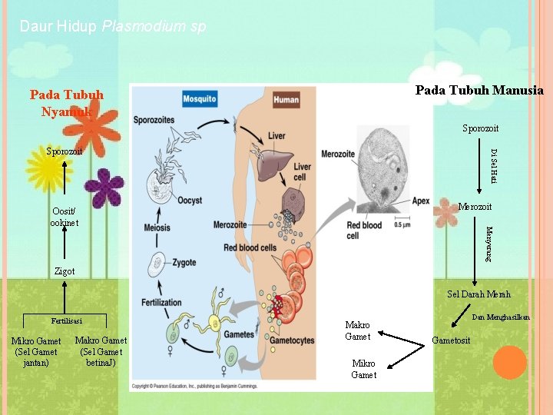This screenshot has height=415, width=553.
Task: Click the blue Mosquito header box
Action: point(199,99)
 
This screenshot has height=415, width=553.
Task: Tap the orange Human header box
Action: point(286,99)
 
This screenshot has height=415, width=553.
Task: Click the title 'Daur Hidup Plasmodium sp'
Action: point(113,27)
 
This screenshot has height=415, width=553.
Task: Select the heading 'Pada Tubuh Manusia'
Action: point(479,91)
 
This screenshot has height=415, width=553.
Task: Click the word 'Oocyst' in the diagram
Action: point(189,201)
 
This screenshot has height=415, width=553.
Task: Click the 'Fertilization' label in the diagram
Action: point(161,303)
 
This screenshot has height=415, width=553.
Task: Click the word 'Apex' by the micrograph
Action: point(421,201)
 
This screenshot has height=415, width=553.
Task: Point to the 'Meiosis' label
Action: point(157,227)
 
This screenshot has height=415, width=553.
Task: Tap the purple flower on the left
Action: point(104,188)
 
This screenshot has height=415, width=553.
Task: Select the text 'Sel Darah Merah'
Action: point(478,294)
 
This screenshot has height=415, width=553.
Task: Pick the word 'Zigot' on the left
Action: point(65,271)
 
